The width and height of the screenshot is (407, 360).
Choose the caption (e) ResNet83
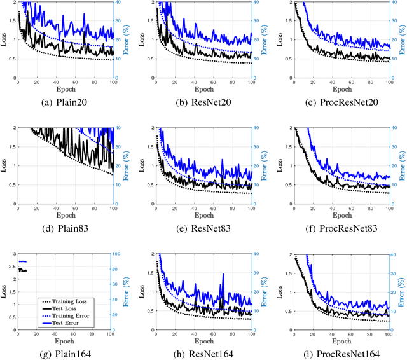tap(203, 224)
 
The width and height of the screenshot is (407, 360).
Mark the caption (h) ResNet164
tap(203, 349)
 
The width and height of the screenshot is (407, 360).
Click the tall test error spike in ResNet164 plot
tap(223, 275)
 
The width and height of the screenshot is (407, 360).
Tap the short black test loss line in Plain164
tap(22, 270)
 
